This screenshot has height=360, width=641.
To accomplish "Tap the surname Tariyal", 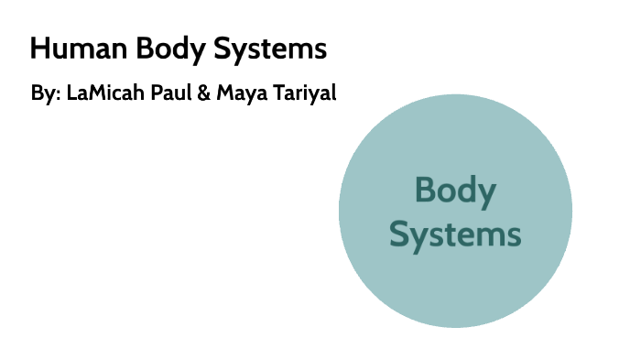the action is tap(304, 95).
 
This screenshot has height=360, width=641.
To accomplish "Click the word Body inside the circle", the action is tap(455, 191).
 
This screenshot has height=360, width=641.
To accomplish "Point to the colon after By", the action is tap(58, 97).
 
